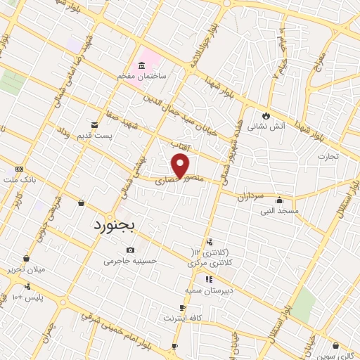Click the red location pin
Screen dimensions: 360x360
pos(181,165)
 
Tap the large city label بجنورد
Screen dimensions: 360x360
pos(117,226)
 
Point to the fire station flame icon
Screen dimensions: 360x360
pos(266,116)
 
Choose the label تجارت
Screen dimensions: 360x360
pos(328,155)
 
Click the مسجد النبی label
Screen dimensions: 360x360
pos(280,210)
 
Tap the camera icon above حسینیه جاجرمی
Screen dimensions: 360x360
pos(130,250)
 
